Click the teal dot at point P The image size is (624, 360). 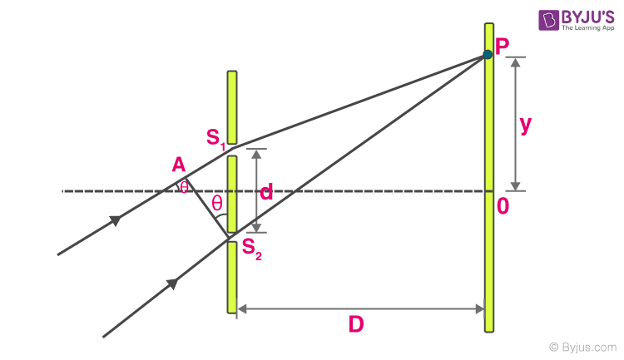click(488, 54)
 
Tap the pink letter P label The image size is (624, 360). click(502, 47)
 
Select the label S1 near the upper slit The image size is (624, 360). click(216, 139)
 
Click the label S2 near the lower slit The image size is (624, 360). click(252, 249)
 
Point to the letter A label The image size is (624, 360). click(179, 165)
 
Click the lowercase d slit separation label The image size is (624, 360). click(266, 191)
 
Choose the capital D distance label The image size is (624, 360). click(356, 323)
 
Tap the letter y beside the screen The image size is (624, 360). click(526, 126)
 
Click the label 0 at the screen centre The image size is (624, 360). click(503, 206)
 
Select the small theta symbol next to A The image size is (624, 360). click(184, 187)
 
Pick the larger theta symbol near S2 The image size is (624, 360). click(217, 203)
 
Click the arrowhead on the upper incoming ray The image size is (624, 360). click(116, 220)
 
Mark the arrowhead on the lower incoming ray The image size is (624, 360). click(172, 284)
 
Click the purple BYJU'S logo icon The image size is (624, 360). click(549, 20)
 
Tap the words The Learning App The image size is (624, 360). click(587, 27)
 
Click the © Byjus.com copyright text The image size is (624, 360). click(582, 348)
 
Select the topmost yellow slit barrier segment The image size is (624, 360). click(232, 107)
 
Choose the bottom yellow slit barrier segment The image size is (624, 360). click(232, 277)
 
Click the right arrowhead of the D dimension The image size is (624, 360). click(480, 308)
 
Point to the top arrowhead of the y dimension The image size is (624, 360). click(515, 62)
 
